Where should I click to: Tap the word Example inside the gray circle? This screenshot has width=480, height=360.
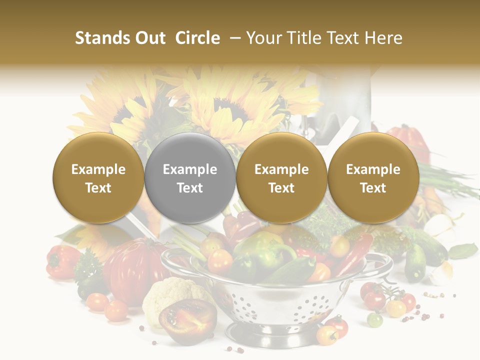coord(190,169)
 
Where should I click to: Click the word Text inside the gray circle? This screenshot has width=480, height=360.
coord(190,188)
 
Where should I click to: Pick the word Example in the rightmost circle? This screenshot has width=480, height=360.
coord(373,169)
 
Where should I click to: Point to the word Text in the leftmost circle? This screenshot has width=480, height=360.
coord(98,188)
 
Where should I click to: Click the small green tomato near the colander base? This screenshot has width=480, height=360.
coord(374,319)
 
